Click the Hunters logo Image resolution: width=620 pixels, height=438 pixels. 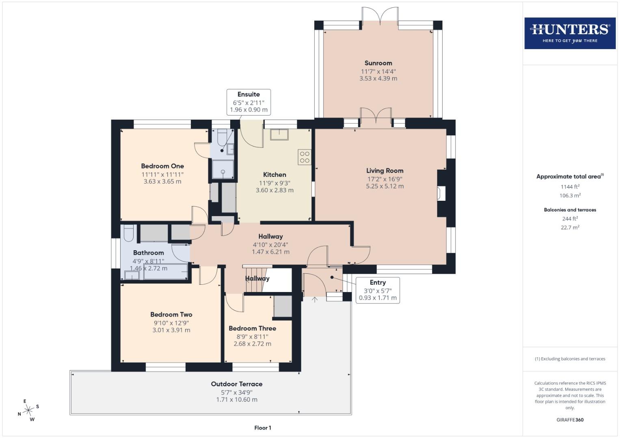click(x=570, y=33)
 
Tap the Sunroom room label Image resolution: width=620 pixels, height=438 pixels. click(x=378, y=63)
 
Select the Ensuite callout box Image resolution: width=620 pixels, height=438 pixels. click(x=248, y=102)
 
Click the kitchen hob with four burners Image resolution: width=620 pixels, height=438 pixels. click(x=305, y=157)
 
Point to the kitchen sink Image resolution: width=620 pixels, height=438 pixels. click(x=279, y=134)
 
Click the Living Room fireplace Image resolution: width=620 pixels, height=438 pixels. click(x=441, y=193)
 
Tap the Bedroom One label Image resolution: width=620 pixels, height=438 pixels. click(x=162, y=166)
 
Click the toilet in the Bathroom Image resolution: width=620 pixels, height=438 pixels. click(x=128, y=233)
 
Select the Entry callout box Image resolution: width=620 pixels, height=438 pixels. click(x=378, y=290)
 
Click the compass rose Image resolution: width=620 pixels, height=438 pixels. click(x=28, y=410)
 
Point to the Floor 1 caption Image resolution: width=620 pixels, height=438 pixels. click(x=263, y=427)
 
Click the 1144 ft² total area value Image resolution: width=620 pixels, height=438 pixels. click(x=570, y=187)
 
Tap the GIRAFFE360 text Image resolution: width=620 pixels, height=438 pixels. click(x=570, y=420)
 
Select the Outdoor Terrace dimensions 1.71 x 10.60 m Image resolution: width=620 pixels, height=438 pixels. click(x=237, y=399)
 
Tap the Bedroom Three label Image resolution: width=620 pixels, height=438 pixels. click(x=252, y=328)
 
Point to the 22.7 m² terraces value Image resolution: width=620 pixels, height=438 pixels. click(x=570, y=227)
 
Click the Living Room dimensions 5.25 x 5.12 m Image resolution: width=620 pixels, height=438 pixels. click(x=385, y=186)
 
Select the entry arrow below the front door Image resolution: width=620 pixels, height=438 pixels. click(x=315, y=300)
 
